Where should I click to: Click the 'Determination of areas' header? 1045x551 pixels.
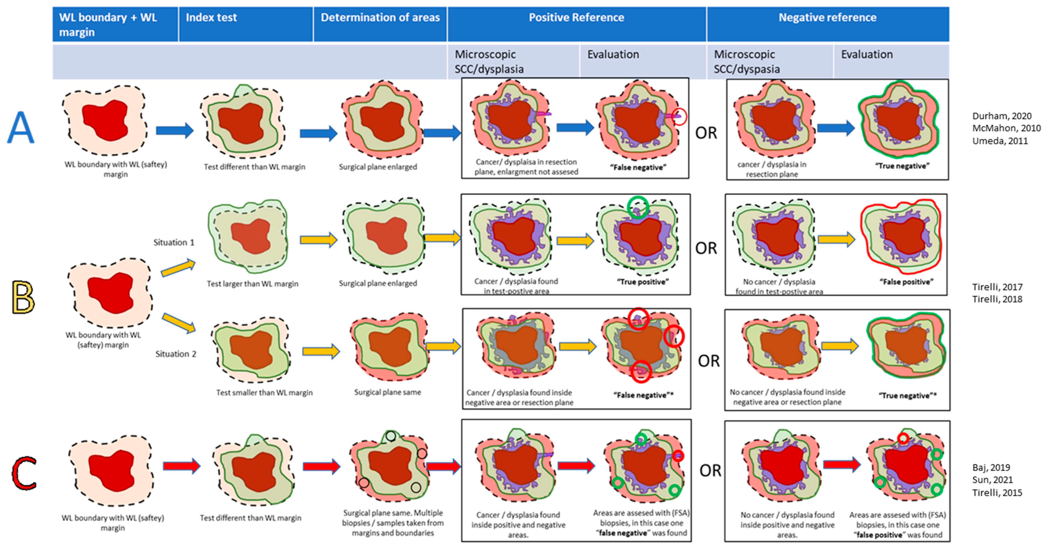click(380, 17)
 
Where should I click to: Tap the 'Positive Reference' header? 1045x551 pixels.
click(576, 17)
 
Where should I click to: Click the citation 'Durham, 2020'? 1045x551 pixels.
click(1002, 116)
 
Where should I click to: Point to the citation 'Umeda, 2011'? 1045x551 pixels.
click(1000, 141)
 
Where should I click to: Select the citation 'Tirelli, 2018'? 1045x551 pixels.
click(997, 299)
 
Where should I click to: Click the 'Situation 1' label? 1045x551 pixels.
click(174, 242)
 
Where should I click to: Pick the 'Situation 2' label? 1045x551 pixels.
click(176, 354)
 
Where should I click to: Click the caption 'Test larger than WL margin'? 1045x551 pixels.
click(252, 284)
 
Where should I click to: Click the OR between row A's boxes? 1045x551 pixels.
click(706, 133)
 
